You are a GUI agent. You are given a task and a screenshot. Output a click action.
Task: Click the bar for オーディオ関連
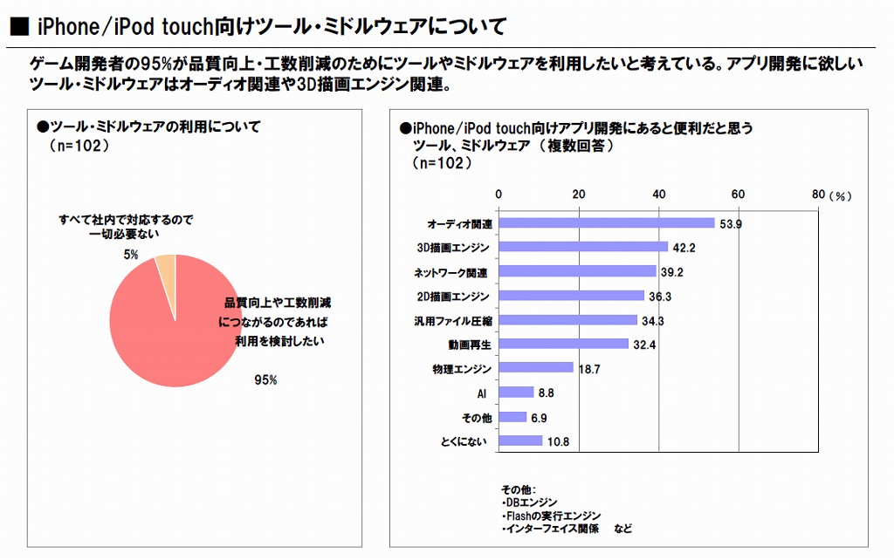click(x=606, y=223)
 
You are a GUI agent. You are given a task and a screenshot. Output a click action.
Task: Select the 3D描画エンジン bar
click(x=583, y=247)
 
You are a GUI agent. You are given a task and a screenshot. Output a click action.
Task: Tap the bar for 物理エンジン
click(x=535, y=367)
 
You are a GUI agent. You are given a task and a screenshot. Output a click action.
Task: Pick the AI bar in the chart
click(x=516, y=393)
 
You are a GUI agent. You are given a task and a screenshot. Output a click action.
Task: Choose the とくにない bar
click(x=520, y=440)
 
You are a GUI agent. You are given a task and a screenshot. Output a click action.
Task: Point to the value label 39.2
click(x=671, y=272)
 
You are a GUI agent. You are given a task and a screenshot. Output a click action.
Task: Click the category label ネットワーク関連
click(x=451, y=273)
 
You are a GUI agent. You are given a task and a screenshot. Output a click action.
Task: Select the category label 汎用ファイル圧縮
click(x=451, y=321)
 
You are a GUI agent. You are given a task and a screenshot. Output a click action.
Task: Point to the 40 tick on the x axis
click(x=659, y=194)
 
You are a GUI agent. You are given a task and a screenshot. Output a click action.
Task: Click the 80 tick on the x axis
click(x=818, y=194)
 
